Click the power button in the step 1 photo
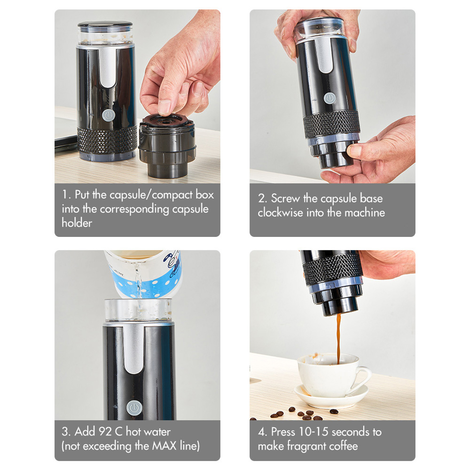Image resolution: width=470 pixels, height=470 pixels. point(108,116)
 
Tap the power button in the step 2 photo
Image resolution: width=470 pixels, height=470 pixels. point(329,98)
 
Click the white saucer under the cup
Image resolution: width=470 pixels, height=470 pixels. point(331,395)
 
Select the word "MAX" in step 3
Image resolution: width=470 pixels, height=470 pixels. point(164,446)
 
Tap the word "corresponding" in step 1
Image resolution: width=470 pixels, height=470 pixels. point(134,209)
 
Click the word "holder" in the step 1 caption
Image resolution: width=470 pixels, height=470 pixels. point(77,223)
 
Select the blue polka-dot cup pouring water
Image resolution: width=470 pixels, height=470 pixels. point(143,273)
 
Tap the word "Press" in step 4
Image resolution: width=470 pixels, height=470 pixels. point(283,431)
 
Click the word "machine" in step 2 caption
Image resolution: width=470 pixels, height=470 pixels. point(365,212)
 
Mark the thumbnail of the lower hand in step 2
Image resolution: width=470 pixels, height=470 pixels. point(354,150)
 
